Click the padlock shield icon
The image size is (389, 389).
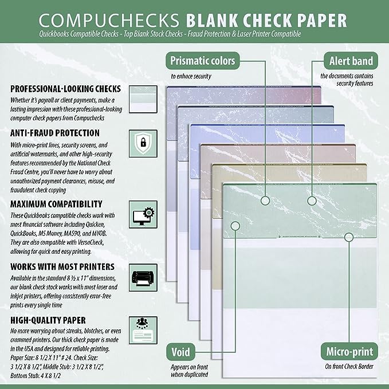(140, 143)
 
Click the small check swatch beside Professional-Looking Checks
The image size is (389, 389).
(140, 99)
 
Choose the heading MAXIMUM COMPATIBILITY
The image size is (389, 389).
(56, 203)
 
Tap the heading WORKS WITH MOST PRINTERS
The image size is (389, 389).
(61, 266)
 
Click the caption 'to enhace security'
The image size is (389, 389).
(191, 76)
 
